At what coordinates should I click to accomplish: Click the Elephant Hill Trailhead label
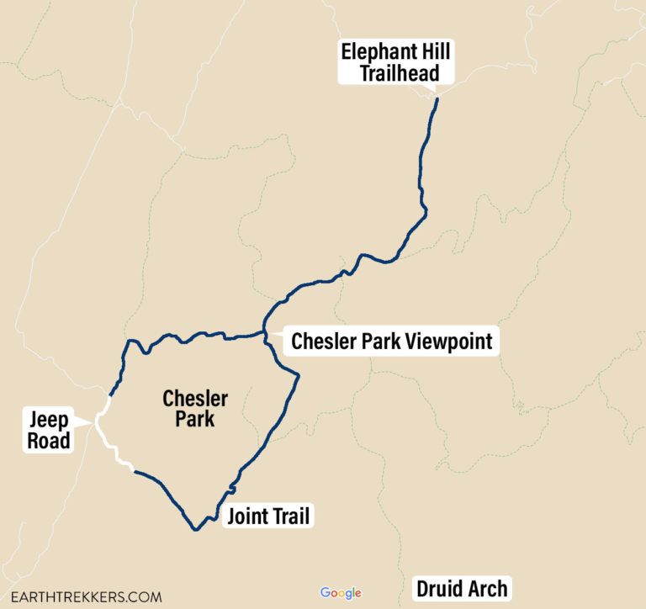pos(395,62)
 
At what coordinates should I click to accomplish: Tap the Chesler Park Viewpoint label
pos(391,342)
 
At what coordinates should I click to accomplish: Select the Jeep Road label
pos(50,429)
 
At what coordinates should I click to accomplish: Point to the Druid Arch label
pos(462,589)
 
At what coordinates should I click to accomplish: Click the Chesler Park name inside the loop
pos(195,408)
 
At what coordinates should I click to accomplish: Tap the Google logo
pos(341,593)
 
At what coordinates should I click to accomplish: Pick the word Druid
pos(441,589)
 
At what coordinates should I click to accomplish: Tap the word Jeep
pos(50,419)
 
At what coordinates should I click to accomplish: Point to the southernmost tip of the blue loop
pos(195,529)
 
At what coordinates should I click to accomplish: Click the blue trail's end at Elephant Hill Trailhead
pos(437,100)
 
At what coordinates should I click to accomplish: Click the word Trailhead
pos(399,73)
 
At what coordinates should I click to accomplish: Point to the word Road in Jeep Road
pos(50,439)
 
